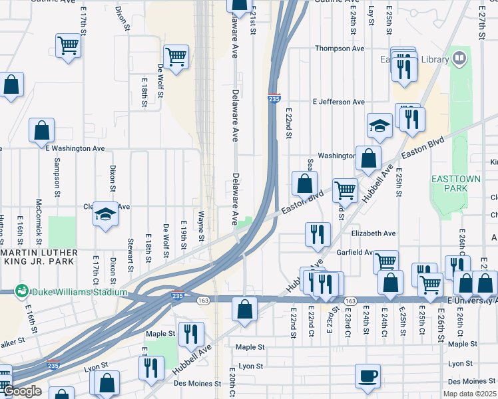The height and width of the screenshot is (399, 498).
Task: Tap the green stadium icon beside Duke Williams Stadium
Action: [22, 291]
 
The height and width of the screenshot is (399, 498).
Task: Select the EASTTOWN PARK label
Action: [454, 184]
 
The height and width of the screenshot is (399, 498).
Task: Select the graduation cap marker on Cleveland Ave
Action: [105, 214]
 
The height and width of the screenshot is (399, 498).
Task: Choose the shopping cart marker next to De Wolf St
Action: [176, 57]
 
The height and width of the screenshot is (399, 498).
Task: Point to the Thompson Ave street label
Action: [340, 49]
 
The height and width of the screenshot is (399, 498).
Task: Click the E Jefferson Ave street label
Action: [339, 102]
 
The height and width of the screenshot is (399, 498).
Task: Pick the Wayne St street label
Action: [200, 222]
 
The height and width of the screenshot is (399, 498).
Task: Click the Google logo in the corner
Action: [22, 392]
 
